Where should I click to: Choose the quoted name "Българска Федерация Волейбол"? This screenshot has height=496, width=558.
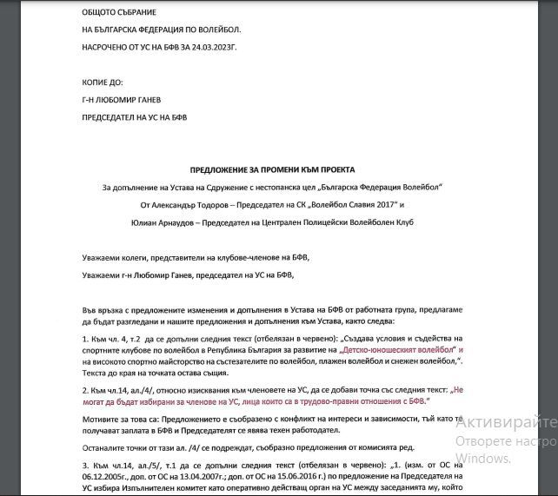pyautogui.click(x=377, y=187)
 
